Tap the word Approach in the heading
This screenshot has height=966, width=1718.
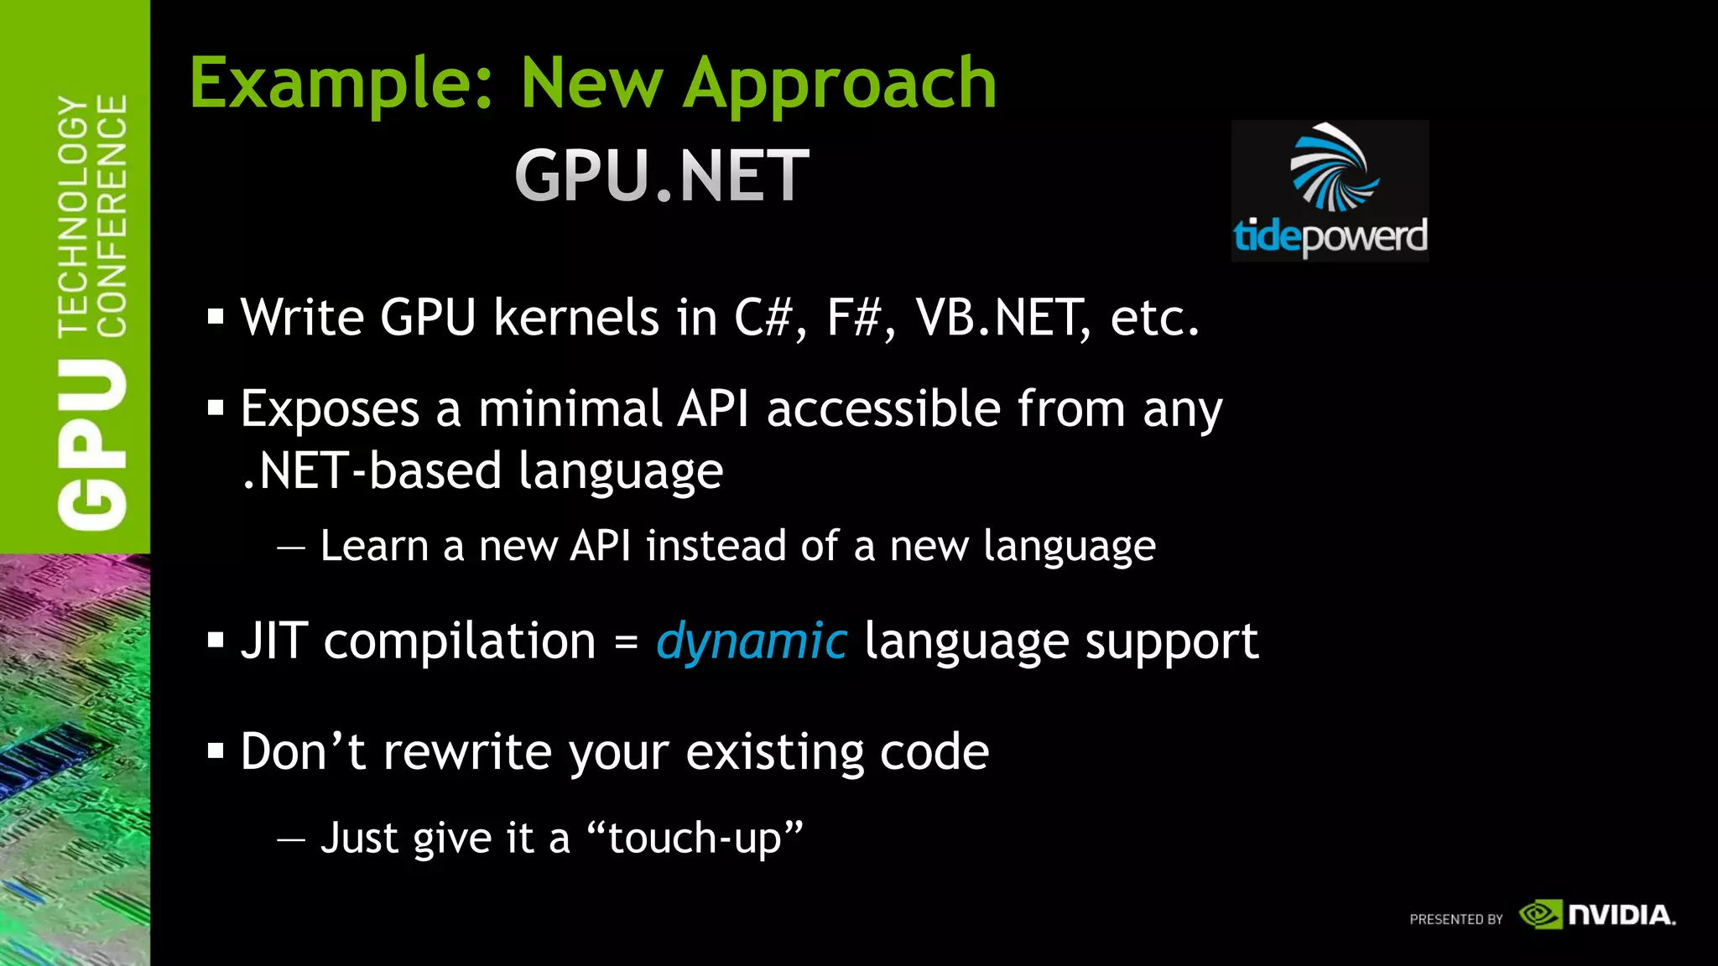click(840, 84)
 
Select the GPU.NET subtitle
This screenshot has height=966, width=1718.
click(662, 175)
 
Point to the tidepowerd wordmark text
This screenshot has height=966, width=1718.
click(1330, 236)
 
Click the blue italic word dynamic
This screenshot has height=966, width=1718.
click(752, 641)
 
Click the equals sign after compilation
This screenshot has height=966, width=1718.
click(626, 643)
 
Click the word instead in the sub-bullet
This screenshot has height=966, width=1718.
click(716, 546)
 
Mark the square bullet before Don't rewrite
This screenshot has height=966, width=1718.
click(216, 751)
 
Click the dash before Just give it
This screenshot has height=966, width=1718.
click(291, 838)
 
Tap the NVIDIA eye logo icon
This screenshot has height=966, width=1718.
click(1541, 914)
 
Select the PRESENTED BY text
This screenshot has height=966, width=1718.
click(1456, 919)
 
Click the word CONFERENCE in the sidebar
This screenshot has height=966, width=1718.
click(112, 216)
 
